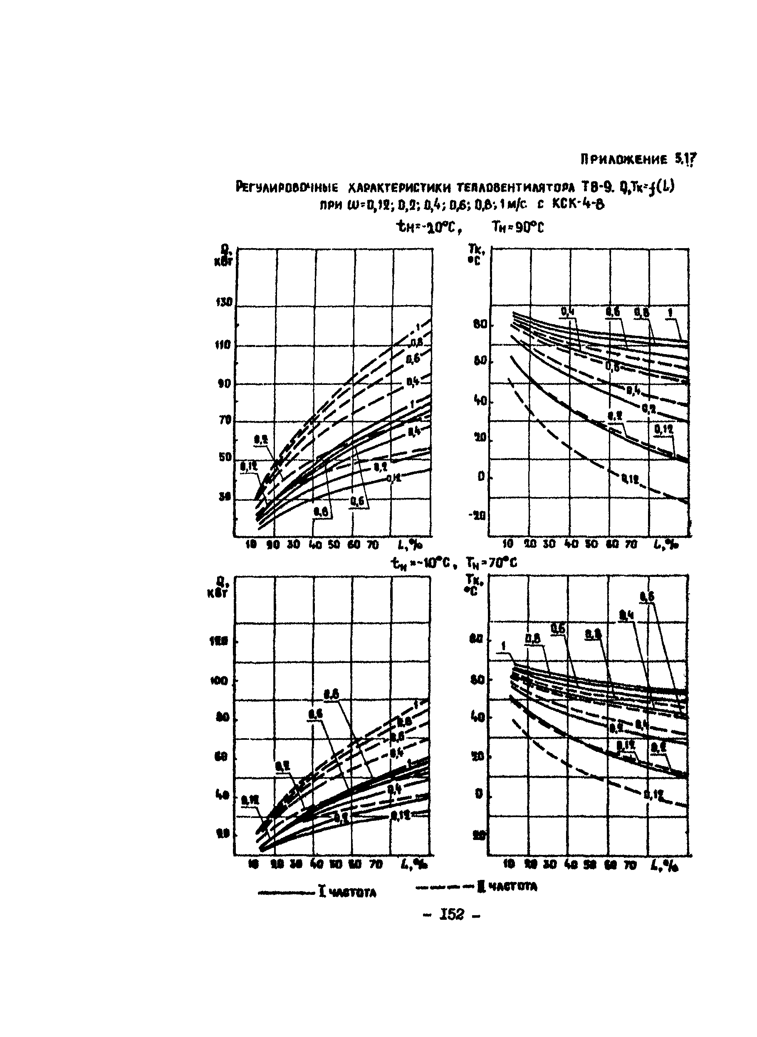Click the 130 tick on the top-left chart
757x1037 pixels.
click(226, 303)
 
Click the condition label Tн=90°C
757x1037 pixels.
click(518, 227)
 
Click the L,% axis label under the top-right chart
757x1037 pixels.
click(665, 544)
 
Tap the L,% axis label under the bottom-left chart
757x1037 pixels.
click(411, 865)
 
